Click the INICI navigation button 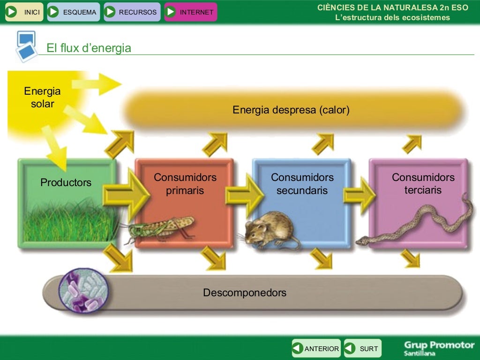click(24, 12)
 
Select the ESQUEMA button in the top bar click(74, 12)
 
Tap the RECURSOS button click(132, 12)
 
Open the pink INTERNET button click(190, 12)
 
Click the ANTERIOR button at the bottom click(316, 349)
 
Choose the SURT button click(363, 349)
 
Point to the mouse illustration click(270, 230)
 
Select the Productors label click(66, 182)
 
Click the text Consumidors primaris click(185, 184)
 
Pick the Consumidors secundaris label click(302, 184)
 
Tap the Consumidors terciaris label click(423, 184)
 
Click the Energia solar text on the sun click(42, 97)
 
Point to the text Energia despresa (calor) click(291, 110)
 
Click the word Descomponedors click(244, 293)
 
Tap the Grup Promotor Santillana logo click(439, 348)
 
